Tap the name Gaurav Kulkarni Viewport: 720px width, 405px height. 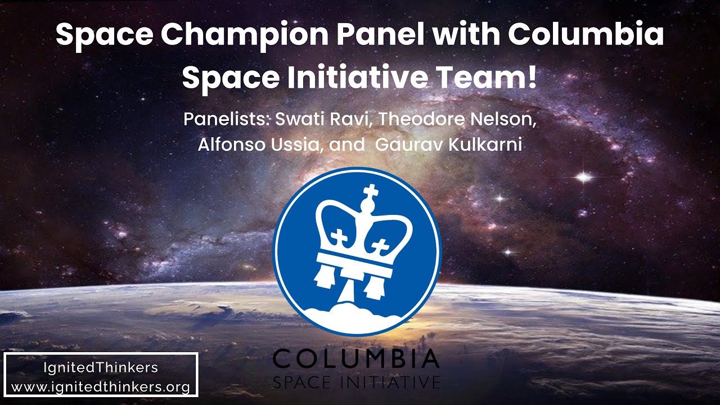[448, 145]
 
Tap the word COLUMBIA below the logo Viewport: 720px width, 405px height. [356, 358]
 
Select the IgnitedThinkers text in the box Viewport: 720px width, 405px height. [101, 368]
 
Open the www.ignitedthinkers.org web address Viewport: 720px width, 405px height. [101, 387]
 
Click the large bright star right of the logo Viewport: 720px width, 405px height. [584, 178]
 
